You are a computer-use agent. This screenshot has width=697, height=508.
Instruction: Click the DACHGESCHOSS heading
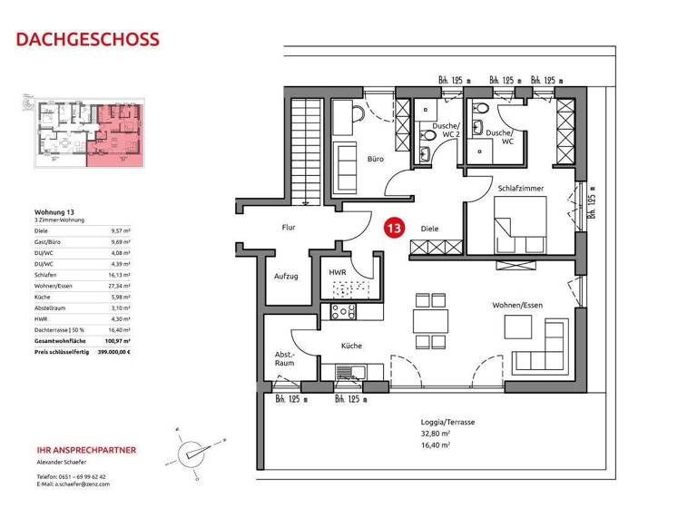point(88,39)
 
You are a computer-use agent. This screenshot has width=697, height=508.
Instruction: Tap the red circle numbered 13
point(394,228)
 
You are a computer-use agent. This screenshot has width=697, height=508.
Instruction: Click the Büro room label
point(375,158)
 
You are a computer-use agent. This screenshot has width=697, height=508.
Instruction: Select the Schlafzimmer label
point(520,187)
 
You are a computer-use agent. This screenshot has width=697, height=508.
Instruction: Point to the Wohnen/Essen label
point(517,305)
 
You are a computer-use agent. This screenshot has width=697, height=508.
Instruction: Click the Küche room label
point(351,346)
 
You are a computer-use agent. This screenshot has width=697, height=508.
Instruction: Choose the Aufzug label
point(286,276)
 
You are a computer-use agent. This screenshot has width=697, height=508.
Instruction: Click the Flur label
point(289,229)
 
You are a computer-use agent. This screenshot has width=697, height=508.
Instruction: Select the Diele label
point(429,229)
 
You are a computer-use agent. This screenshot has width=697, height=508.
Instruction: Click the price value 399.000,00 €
point(114,350)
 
